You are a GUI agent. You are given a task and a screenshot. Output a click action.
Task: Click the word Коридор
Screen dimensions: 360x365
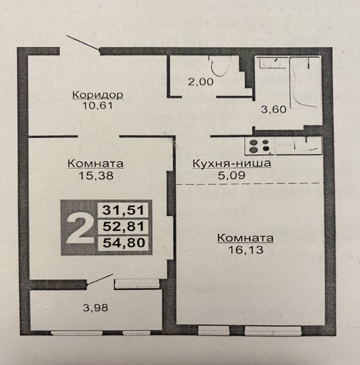(x=97, y=95)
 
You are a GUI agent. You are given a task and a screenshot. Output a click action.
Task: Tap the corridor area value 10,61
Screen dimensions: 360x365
(x=97, y=105)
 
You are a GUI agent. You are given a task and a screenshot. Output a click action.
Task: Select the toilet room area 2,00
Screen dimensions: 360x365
(x=200, y=81)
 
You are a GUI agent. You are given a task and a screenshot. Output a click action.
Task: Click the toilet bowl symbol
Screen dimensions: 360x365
(x=220, y=66)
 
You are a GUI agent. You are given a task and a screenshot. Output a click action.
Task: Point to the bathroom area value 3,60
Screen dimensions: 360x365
(x=273, y=109)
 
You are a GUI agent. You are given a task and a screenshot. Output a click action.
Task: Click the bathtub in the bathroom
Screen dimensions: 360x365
(x=305, y=82)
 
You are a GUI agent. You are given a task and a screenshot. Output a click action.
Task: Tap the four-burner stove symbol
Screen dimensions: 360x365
(x=259, y=146)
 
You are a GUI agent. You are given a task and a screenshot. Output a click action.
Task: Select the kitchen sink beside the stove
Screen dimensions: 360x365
(x=299, y=146)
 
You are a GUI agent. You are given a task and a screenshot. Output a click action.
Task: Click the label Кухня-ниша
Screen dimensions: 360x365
(x=232, y=163)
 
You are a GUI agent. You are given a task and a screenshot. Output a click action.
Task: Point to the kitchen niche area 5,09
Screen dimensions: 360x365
(x=231, y=175)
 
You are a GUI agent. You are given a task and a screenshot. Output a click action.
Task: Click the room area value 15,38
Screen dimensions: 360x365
(x=96, y=175)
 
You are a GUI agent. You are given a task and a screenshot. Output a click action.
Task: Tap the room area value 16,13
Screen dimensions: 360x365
(x=245, y=250)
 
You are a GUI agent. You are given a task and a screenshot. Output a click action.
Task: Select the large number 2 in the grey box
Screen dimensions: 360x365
(x=79, y=227)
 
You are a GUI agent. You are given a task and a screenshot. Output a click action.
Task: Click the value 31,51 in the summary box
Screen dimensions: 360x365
(x=123, y=210)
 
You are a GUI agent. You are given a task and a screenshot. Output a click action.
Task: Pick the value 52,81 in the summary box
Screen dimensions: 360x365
(x=123, y=226)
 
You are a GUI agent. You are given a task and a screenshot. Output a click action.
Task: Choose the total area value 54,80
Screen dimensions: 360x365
(x=124, y=242)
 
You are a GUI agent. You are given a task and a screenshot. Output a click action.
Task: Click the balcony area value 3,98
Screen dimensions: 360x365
(x=95, y=307)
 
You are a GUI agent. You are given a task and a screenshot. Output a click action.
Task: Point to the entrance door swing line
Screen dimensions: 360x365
(x=83, y=43)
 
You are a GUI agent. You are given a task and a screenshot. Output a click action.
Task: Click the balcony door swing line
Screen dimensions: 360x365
(x=100, y=279)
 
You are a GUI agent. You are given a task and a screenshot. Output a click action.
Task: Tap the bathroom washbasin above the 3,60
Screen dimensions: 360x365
(x=272, y=62)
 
